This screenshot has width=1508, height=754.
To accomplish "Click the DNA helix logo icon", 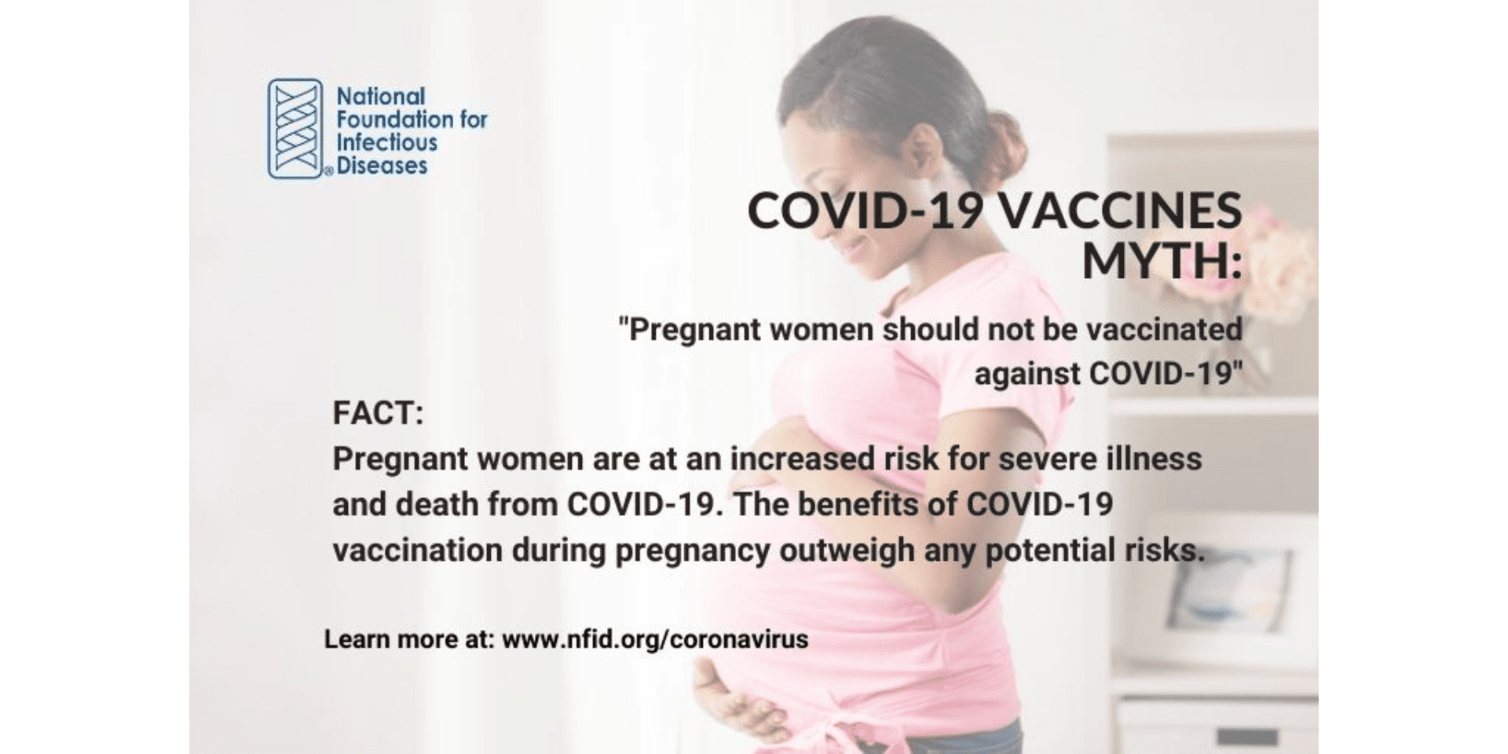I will point(295,128).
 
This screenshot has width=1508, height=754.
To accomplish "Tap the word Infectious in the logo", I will point(386,143).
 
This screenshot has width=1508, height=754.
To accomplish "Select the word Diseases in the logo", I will point(382,166).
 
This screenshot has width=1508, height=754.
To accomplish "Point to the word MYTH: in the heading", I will point(1162,261).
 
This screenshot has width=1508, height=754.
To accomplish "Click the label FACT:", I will point(378,413).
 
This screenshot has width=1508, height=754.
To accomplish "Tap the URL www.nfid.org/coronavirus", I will point(655,639).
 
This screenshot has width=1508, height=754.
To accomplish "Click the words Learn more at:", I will point(409,639).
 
